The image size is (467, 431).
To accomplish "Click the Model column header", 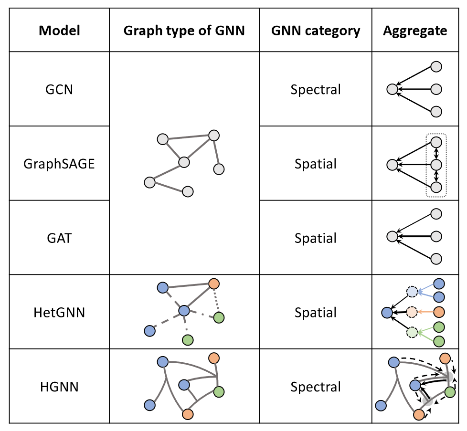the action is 59,31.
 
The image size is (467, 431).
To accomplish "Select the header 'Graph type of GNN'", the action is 184,31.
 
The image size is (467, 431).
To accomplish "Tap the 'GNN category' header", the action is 316,31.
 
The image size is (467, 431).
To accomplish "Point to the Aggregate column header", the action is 415,31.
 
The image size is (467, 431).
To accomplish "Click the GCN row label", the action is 59,89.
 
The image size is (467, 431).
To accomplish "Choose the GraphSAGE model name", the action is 59,164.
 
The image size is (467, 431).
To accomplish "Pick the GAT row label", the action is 59,238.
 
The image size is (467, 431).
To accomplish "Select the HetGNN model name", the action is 59,313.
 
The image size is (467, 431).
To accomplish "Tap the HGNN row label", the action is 59,387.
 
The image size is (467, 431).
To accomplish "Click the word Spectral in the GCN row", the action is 316,90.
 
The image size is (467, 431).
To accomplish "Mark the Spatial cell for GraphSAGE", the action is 316,164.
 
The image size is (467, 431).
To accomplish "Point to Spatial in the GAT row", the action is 316,239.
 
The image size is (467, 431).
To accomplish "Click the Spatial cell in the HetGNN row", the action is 316,313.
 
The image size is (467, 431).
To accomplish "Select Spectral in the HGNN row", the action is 316,387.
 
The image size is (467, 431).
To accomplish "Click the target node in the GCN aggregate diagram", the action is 392,89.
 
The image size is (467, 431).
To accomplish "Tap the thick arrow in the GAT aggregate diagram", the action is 414,237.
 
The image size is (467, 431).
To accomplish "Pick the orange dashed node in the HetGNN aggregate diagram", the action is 412,312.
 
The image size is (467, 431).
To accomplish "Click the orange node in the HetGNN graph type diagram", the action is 214,284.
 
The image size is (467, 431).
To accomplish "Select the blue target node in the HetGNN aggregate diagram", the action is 387,313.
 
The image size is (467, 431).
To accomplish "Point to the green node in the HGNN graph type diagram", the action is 219,392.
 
